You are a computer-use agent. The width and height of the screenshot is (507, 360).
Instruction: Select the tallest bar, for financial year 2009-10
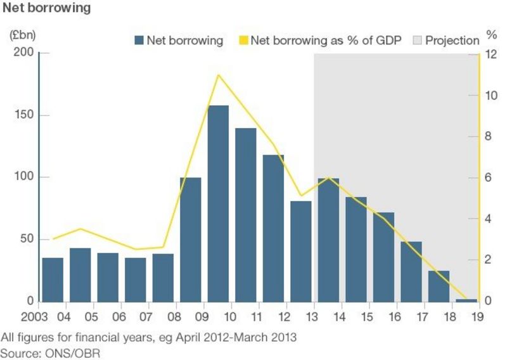(219, 203)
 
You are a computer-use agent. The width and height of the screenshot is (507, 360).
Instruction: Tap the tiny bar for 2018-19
(466, 300)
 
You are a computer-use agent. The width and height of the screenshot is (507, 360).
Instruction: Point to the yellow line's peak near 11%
(219, 75)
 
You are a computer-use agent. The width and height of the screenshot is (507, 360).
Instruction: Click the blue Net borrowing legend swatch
(139, 41)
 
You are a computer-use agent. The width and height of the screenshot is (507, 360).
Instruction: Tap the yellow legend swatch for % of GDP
(243, 41)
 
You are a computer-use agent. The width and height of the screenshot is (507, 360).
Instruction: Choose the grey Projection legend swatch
(418, 41)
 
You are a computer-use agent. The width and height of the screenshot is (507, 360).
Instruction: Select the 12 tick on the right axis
(491, 54)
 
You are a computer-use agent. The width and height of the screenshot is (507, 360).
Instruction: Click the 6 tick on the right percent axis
(489, 178)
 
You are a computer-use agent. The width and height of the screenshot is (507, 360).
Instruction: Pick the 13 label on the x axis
(314, 315)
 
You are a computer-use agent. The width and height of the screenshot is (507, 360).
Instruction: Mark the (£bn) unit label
(22, 35)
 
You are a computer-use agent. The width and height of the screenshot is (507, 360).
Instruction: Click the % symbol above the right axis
(491, 34)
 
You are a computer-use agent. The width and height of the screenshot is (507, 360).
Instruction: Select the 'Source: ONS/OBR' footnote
(52, 352)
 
